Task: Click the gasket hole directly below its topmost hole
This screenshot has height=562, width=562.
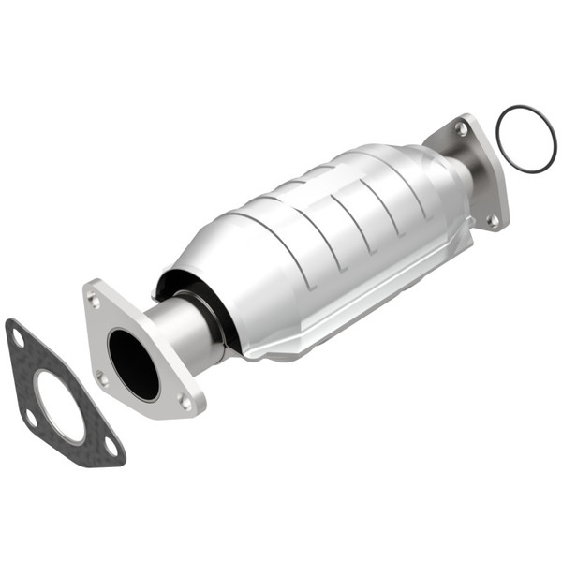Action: pyautogui.click(x=31, y=416)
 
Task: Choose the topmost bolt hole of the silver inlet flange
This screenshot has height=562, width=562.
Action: pyautogui.click(x=93, y=300)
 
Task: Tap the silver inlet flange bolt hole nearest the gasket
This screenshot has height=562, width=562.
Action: pyautogui.click(x=103, y=378)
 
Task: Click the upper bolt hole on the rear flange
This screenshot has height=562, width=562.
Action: pyautogui.click(x=461, y=130)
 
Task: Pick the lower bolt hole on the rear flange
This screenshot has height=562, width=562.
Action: pyautogui.click(x=492, y=221)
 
